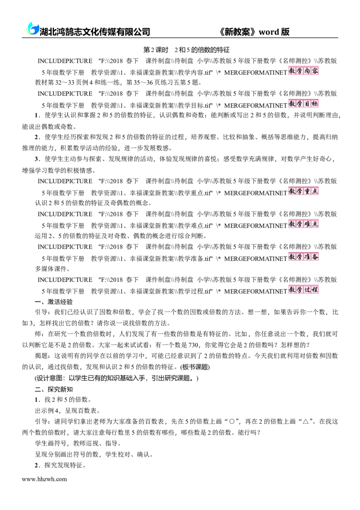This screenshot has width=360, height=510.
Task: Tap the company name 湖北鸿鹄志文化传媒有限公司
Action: coord(94,32)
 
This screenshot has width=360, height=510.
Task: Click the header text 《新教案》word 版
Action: coord(254,32)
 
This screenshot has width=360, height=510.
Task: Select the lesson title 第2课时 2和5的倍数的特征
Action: coord(186,50)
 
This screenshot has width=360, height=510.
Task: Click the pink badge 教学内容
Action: coord(303,71)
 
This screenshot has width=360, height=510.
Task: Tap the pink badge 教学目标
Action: coord(303,104)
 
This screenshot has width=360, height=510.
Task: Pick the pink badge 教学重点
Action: coord(303,191)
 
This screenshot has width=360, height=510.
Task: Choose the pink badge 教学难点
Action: coord(303,224)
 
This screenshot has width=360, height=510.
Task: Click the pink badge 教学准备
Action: coord(303,257)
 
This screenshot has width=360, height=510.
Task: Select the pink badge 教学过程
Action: coord(303,289)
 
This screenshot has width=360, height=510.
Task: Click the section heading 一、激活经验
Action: coord(54,302)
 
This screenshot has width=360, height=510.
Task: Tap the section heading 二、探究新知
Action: coord(54,389)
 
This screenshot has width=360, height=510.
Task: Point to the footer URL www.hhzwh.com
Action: coord(44,479)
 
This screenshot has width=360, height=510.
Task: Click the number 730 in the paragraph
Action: coord(193,345)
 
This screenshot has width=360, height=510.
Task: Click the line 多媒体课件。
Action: coord(53,269)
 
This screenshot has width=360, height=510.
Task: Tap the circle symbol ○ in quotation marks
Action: coord(232,422)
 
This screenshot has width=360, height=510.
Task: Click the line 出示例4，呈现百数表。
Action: coord(67,411)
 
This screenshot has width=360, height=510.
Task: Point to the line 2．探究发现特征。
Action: coord(60,465)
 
